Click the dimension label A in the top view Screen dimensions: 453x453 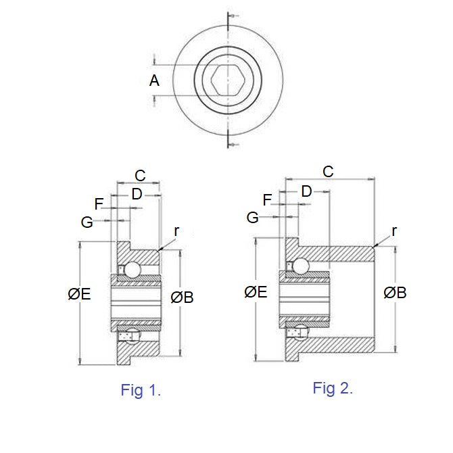click(154, 80)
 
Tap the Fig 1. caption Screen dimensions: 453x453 click(141, 390)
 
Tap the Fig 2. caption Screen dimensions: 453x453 click(333, 388)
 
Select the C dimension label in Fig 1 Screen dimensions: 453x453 click(140, 176)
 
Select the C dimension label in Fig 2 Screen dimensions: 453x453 click(328, 171)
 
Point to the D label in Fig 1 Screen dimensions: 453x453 click(137, 195)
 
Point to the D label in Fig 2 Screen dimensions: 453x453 click(306, 192)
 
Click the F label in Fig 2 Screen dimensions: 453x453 click(267, 199)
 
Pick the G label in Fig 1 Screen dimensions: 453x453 click(87, 222)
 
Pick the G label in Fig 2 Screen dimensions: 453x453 click(253, 217)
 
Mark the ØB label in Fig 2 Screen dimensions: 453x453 click(395, 293)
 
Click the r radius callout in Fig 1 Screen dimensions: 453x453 click(176, 231)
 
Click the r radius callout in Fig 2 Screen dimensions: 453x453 click(394, 231)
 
